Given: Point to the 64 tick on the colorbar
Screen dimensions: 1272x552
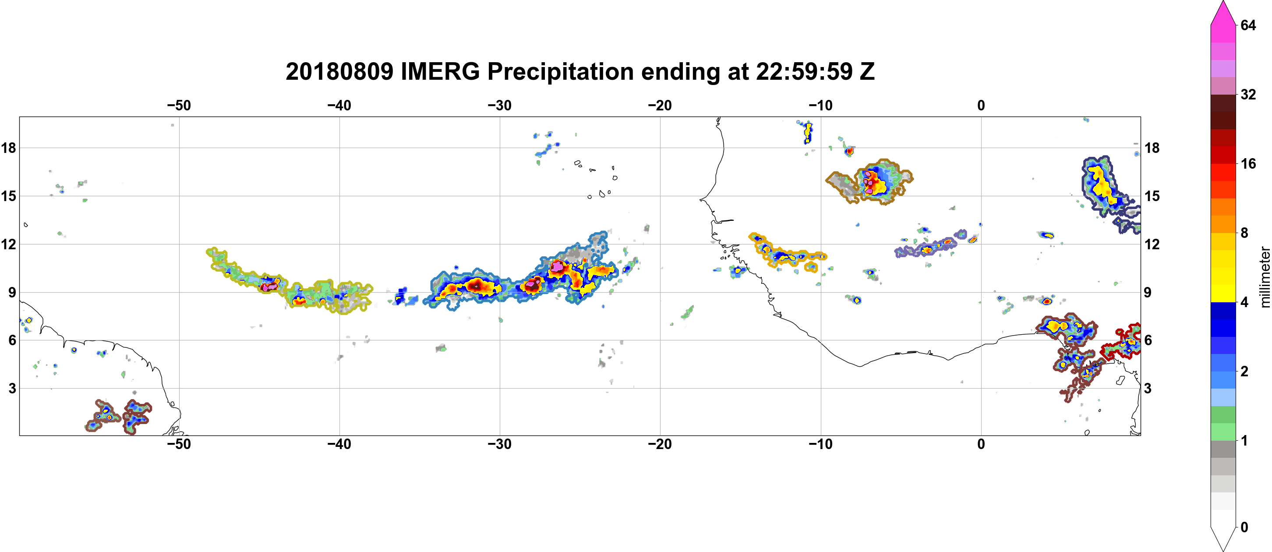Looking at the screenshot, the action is (1248, 25).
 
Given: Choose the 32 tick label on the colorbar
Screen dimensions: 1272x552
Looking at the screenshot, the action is (1248, 94).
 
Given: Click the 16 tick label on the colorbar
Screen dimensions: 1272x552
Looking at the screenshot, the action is (1248, 163).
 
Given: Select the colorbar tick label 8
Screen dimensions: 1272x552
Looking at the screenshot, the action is (1244, 233).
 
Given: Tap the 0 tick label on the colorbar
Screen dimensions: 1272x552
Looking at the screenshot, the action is (1244, 527).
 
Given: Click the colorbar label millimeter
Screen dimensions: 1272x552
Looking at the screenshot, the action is (1265, 277).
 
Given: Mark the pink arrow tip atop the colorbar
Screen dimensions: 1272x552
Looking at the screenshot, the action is (1223, 1).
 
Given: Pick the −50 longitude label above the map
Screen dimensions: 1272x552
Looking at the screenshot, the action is (179, 105).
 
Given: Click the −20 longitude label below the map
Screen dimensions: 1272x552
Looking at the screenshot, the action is (660, 444).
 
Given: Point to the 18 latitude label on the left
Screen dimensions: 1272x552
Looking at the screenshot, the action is (8, 148).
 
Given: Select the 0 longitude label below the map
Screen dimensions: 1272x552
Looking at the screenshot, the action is (981, 444).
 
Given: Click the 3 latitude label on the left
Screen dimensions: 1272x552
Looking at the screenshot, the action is (12, 388).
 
